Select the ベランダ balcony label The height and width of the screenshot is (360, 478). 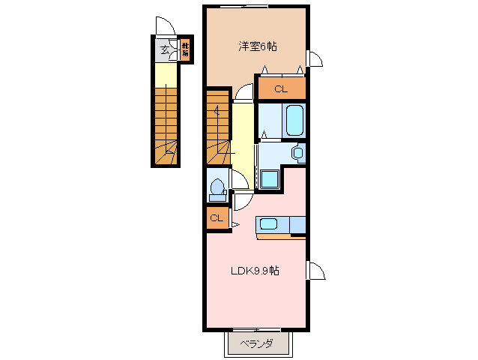[x=255, y=344]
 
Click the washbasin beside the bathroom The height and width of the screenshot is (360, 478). [x=297, y=153]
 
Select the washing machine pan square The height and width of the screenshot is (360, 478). [x=269, y=179]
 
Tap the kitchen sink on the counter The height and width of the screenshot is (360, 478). [x=268, y=224]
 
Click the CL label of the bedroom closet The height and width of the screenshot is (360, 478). [x=280, y=89]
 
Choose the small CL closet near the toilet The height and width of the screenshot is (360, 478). [x=216, y=218]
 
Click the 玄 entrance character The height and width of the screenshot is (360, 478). [x=164, y=51]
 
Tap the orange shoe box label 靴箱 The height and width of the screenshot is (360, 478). [x=184, y=50]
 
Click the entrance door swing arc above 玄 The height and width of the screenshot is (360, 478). [x=164, y=25]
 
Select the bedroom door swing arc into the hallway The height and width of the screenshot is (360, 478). [x=243, y=93]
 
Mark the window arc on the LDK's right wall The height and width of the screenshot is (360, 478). [x=315, y=271]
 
